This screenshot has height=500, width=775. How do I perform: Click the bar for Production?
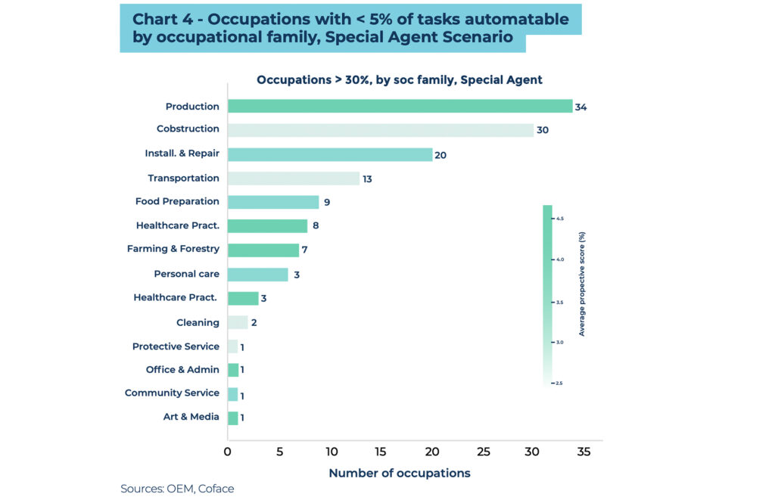[x=400, y=107]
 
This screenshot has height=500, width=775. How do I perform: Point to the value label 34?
[x=580, y=107]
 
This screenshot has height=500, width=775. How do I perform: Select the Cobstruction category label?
[x=188, y=129]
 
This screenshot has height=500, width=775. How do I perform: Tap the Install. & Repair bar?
[x=329, y=154]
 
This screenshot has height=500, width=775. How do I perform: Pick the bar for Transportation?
[x=293, y=179]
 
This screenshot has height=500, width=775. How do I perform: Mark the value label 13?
[x=367, y=179]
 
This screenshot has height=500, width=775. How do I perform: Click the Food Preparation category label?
[x=177, y=201]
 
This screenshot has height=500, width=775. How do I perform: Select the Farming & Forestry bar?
[x=263, y=250]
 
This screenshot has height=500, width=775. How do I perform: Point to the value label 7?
[x=307, y=250]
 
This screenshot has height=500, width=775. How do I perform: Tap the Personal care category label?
[x=186, y=274]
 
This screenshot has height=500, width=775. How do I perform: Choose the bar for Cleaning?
[x=238, y=322]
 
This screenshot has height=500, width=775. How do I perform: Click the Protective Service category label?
[x=176, y=346]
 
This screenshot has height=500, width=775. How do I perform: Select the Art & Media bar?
[x=233, y=418]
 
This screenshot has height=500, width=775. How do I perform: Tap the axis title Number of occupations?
[x=399, y=474]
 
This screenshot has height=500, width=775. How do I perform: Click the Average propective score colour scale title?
[x=582, y=284]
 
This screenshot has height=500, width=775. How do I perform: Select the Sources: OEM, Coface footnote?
[x=177, y=489]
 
